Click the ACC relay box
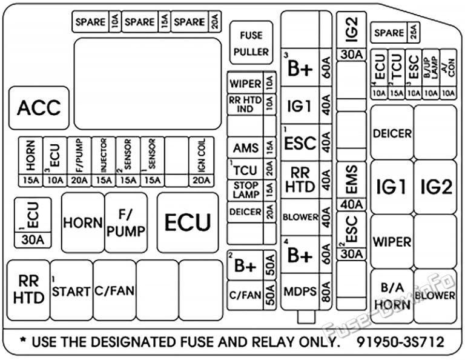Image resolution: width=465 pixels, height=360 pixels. coord(39,108)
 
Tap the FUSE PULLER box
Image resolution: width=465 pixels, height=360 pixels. coord(251,44)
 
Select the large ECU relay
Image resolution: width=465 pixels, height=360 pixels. coord(187,222)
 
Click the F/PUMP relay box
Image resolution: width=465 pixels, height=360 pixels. coord(126,222)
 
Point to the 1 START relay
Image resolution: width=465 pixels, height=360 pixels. coord(71,291)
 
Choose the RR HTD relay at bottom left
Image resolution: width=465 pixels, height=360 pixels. coord(28,290)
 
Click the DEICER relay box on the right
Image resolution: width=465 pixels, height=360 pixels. coord(392,133)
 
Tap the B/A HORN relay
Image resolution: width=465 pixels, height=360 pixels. coord(392,295)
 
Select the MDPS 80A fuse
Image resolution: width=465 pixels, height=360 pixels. coord(308,292)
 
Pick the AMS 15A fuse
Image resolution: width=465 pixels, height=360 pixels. coord(251,147)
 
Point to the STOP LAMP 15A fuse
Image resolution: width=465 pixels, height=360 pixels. coord(251,190)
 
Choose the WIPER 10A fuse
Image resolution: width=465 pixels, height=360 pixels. coord(251,83)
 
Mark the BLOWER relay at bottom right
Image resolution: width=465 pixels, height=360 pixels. coord(435,295)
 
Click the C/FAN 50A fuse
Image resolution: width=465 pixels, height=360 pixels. coord(251,295)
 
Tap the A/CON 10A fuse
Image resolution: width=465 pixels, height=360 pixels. coord(449,75)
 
